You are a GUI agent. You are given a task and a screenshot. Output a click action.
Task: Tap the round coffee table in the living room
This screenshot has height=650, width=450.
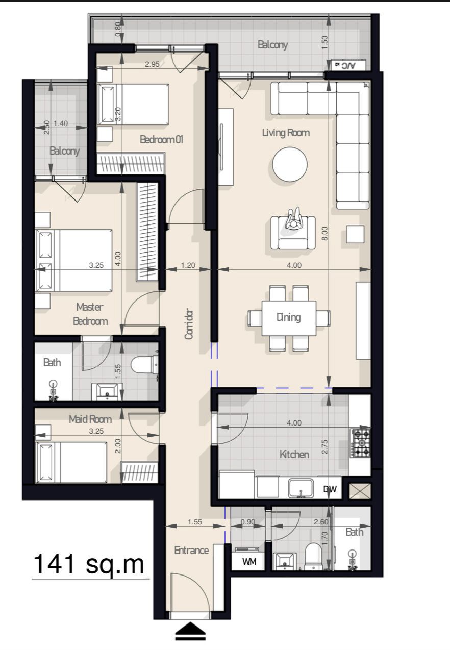tap(290, 164)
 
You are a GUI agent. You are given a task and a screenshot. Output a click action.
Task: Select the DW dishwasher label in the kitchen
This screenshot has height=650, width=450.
tap(330, 489)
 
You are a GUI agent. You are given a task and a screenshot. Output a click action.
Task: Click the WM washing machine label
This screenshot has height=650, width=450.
tap(249, 562)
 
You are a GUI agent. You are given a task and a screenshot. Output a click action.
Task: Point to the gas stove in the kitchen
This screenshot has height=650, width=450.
tap(360, 443)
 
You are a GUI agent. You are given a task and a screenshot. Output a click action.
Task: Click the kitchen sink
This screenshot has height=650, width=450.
tap(301, 488)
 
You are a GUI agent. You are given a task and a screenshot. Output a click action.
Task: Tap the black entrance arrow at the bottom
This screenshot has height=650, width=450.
tap(190, 632)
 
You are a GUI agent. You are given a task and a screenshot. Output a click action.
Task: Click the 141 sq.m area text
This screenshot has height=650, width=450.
tap(89, 564)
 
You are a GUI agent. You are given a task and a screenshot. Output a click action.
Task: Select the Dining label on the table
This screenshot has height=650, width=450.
tap(289, 317)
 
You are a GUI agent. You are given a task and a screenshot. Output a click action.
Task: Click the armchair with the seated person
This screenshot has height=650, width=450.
tap(293, 233)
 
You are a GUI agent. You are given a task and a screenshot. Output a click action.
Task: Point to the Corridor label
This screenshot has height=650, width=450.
tap(189, 323)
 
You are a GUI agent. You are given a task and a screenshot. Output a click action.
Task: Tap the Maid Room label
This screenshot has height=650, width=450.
tap(90, 419)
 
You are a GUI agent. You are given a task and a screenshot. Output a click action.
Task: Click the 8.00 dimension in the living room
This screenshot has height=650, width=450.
tap(324, 233)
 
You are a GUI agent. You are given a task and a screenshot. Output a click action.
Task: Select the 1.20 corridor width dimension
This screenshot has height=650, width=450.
tap(188, 265)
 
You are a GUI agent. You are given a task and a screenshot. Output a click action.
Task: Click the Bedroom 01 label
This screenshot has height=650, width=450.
tap(162, 140)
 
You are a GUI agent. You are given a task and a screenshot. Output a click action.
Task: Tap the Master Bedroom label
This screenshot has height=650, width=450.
tap(90, 314)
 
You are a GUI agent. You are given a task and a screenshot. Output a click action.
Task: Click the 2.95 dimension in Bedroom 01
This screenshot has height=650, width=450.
tap(153, 64)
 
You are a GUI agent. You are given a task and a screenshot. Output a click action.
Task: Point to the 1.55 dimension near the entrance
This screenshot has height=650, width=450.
tap(195, 522)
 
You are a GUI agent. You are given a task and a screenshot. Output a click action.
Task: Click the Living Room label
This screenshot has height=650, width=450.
tap(286, 133)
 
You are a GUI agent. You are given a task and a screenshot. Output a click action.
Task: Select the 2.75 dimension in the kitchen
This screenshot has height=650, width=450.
tap(324, 446)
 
